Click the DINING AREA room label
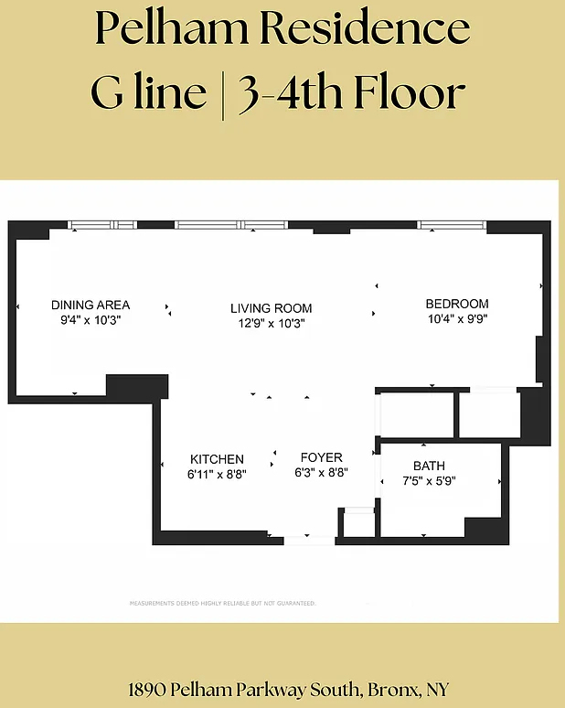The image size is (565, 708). (91, 305)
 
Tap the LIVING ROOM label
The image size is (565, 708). (272, 308)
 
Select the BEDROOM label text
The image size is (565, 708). (457, 304)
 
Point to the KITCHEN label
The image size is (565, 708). (217, 459)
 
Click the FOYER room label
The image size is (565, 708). (321, 457)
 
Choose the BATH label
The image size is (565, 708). (429, 466)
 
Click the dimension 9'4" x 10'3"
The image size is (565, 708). (91, 320)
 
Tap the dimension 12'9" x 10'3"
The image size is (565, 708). (272, 323)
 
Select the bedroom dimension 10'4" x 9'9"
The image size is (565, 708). (458, 318)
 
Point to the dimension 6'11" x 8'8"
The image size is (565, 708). (217, 475)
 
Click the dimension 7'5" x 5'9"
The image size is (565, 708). (429, 481)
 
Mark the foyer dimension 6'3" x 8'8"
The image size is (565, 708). (321, 473)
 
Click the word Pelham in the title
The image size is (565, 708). (172, 28)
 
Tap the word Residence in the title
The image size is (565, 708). (365, 28)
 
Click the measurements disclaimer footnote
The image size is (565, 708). (222, 603)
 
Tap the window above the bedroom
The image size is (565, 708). (452, 225)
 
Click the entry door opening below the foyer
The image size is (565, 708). (309, 541)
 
